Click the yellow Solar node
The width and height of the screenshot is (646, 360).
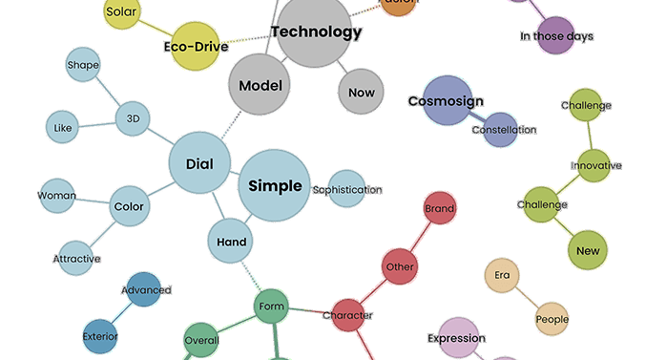(x=122, y=12)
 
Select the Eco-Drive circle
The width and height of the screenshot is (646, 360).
(x=194, y=47)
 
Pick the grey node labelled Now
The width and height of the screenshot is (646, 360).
(x=362, y=93)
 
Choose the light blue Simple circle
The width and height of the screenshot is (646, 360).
(x=275, y=185)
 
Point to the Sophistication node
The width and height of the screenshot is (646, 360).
(x=347, y=189)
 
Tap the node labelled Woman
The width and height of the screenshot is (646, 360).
(x=57, y=196)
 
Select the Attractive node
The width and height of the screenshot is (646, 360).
(x=76, y=259)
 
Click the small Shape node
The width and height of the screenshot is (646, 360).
(x=83, y=66)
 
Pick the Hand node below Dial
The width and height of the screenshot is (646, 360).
(x=230, y=242)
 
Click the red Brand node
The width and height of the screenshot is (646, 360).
(x=439, y=208)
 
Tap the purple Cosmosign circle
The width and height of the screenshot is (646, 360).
(x=448, y=101)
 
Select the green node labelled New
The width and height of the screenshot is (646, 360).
(x=588, y=251)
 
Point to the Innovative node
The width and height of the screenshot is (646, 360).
(x=595, y=164)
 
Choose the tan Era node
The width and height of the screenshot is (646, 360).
(x=501, y=276)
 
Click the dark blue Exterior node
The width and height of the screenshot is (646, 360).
(x=100, y=335)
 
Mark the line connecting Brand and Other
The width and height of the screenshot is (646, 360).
(x=421, y=236)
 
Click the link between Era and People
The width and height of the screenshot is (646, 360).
(x=527, y=298)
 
